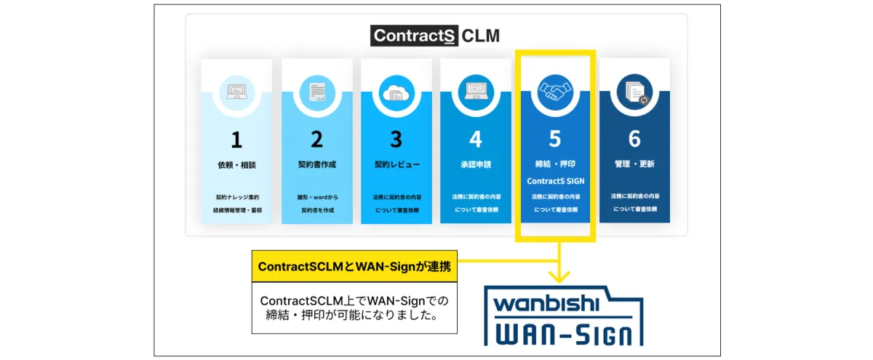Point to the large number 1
click(236, 140)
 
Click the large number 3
click(396, 140)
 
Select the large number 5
click(556, 140)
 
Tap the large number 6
click(634, 140)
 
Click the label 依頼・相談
click(236, 165)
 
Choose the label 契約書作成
click(316, 165)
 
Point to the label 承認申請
click(475, 165)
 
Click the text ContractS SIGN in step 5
click(556, 181)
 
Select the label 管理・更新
click(634, 165)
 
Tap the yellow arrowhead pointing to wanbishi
click(559, 276)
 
